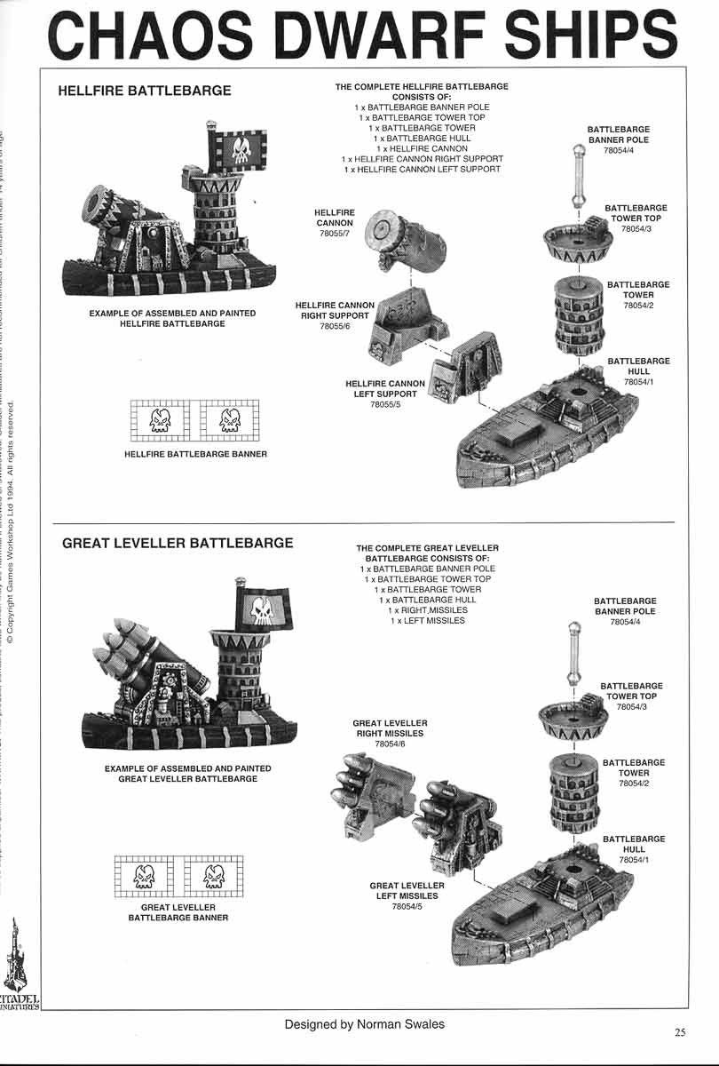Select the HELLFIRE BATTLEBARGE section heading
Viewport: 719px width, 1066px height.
coord(145,91)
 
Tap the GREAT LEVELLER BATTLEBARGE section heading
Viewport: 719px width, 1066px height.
coord(178,543)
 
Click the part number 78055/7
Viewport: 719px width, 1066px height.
coord(335,234)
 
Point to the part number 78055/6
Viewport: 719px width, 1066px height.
coord(335,326)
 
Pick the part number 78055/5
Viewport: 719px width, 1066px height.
coord(385,404)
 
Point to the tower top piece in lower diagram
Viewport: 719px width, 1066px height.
coord(573,718)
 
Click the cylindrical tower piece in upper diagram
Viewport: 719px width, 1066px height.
coord(578,314)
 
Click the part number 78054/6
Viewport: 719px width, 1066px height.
coord(391,744)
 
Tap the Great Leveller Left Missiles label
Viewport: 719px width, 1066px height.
coord(407,891)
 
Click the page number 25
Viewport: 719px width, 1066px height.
coord(680,1032)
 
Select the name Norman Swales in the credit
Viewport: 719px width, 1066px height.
coord(406,1024)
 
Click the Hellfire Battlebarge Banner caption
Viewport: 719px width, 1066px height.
coord(196,454)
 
